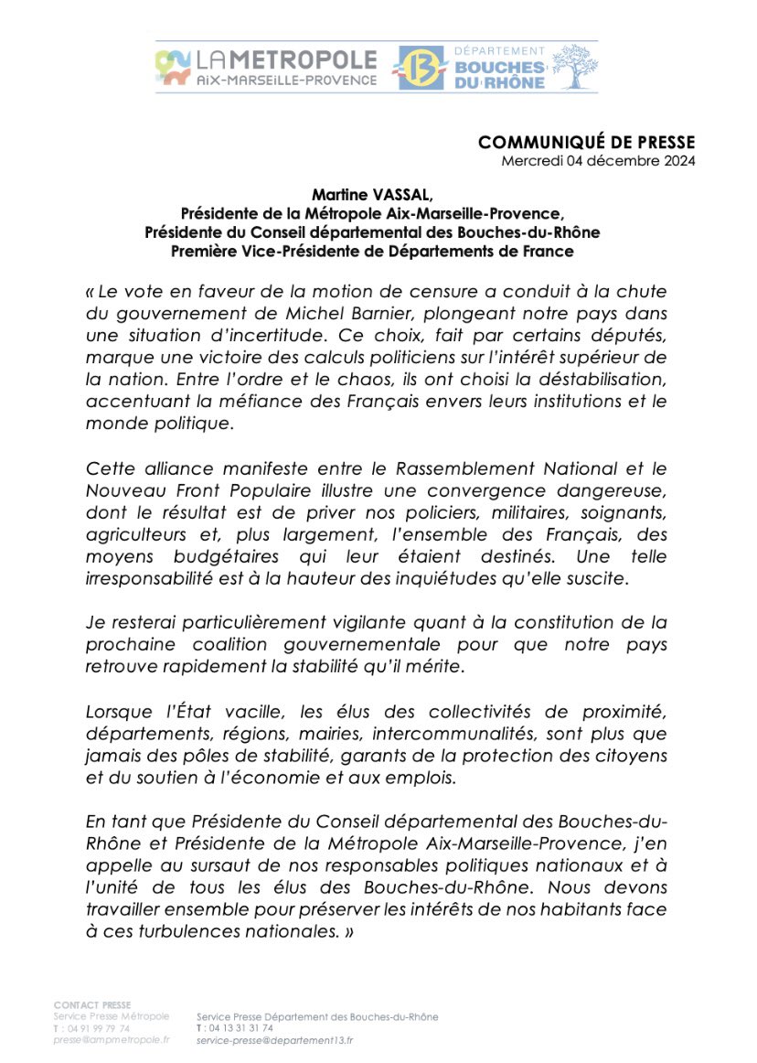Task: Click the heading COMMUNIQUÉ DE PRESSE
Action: point(587,142)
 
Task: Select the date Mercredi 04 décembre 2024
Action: point(598,161)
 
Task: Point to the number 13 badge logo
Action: point(425,68)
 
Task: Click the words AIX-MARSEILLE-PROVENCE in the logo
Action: point(287,81)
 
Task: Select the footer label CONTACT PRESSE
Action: point(92,1004)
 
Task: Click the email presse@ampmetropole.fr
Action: point(111,1040)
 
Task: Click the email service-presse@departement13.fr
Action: point(274,1040)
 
